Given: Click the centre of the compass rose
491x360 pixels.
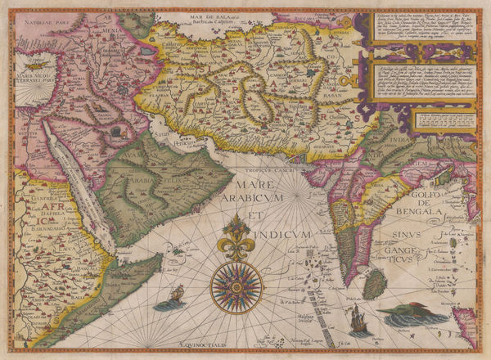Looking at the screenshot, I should coord(236,286).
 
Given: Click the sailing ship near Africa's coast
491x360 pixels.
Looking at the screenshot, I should coord(174,297).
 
